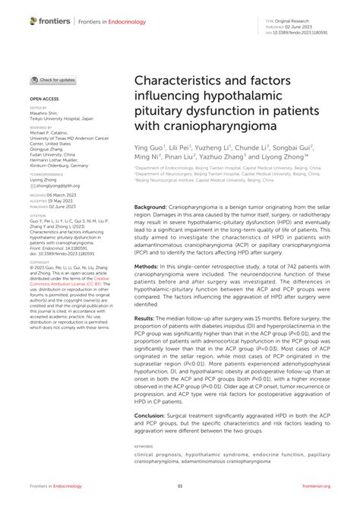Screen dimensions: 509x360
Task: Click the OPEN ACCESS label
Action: coord(43,100)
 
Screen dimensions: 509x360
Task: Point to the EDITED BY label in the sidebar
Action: coord(39,108)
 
